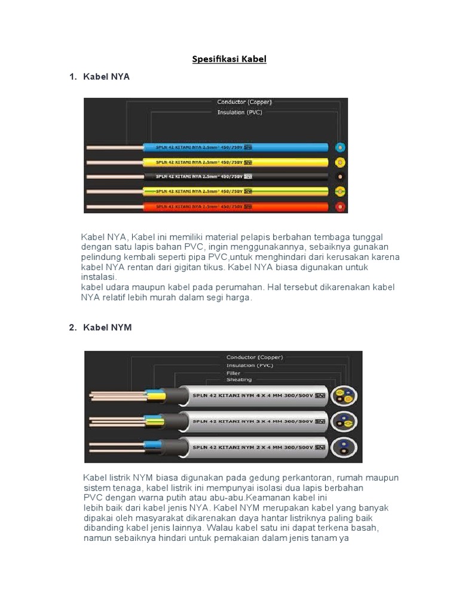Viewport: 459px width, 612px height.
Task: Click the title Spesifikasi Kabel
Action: pos(229,59)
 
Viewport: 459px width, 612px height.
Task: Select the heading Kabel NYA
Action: pos(106,77)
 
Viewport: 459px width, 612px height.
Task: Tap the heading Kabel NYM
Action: pos(108,328)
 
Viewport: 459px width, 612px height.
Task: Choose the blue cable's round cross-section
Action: pos(341,148)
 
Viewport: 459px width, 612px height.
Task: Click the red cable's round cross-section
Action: pos(341,206)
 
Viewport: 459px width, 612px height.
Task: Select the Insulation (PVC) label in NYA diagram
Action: pos(239,112)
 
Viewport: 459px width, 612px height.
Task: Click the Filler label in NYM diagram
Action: pos(233,372)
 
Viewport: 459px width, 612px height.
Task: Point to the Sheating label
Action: pos(238,380)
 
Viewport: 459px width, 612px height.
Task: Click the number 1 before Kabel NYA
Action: pos(72,77)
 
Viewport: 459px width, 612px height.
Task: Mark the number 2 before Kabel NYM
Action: pos(72,328)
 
